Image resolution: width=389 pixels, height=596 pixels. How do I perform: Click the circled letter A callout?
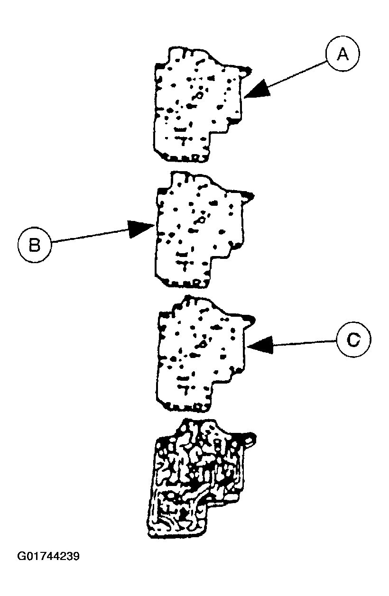[x=342, y=55]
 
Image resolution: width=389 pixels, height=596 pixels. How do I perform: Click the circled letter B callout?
[x=34, y=245]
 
